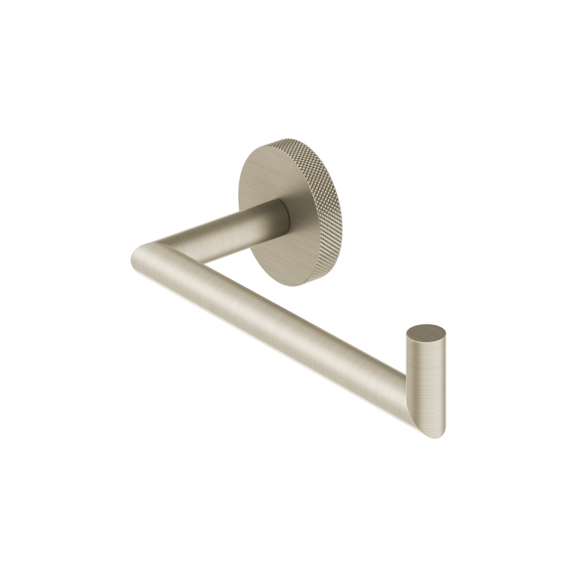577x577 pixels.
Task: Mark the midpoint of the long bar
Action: pos(276,322)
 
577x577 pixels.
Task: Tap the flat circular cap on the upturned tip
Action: pos(425,334)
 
